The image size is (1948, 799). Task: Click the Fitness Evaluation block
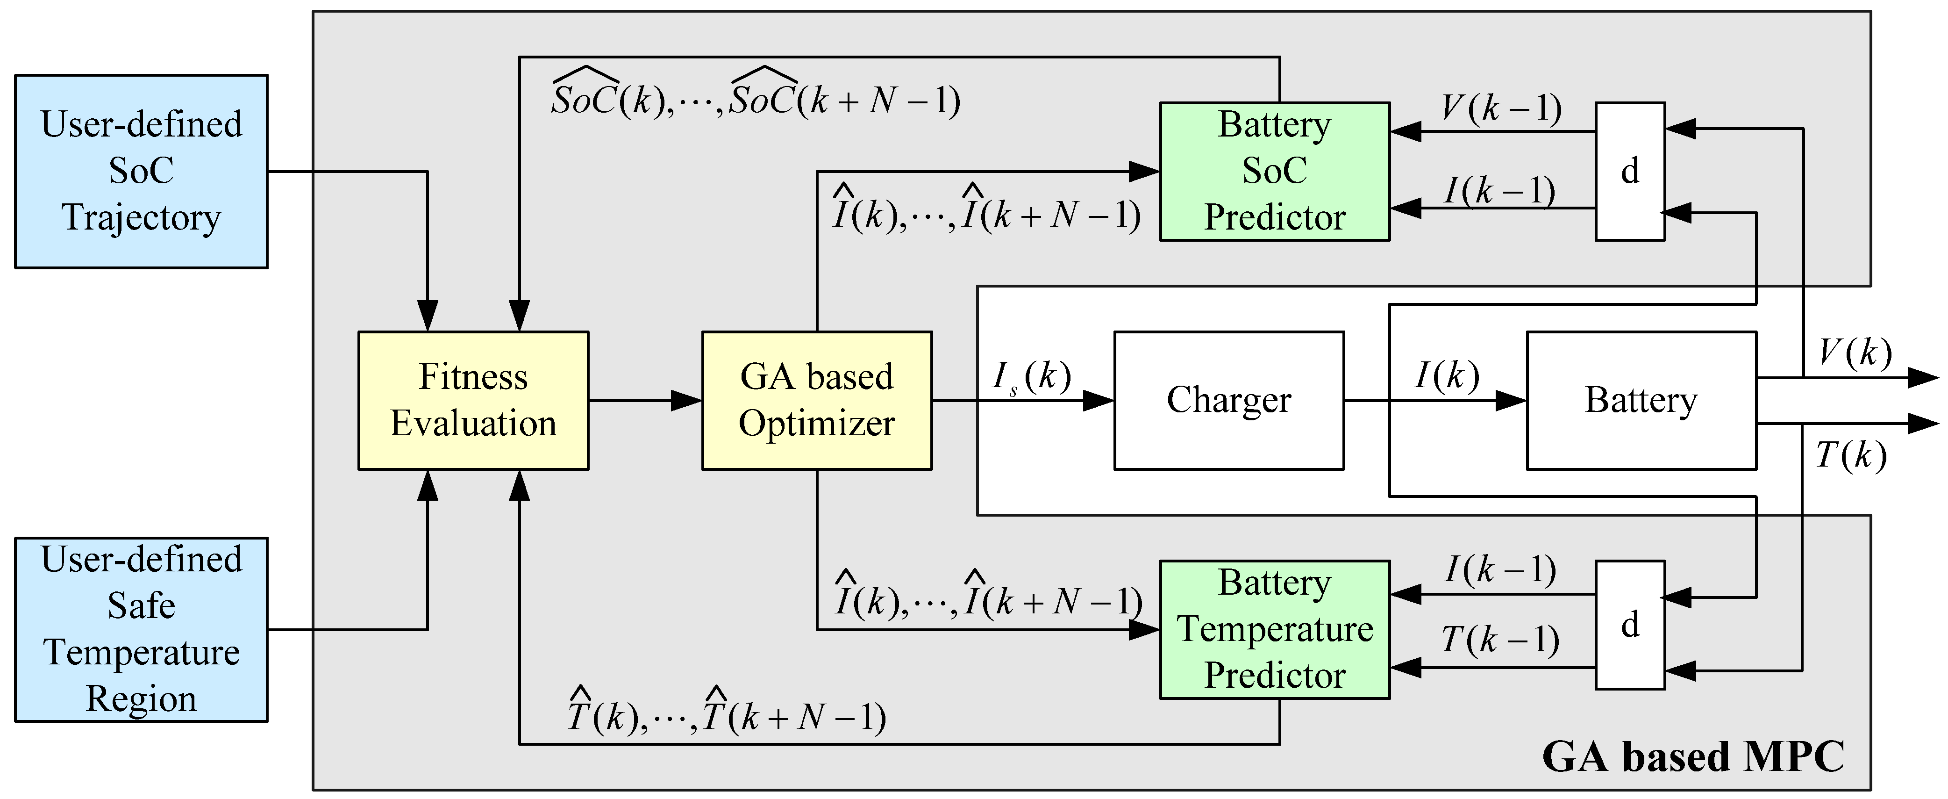click(x=473, y=400)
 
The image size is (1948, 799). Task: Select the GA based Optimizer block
click(x=817, y=400)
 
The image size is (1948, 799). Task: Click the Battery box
click(x=1641, y=400)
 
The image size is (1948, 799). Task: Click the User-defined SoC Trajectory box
click(x=142, y=171)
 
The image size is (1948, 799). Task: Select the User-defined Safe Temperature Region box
click(x=142, y=629)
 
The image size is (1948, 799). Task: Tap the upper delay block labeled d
click(x=1630, y=171)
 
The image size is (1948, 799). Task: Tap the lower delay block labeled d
click(x=1630, y=625)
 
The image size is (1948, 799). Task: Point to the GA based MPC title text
click(x=1692, y=756)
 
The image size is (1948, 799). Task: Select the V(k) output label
click(x=1854, y=353)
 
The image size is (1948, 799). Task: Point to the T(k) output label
click(x=1850, y=455)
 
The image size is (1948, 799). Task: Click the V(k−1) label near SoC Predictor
click(x=1501, y=108)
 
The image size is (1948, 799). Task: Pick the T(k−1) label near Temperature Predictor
click(x=1499, y=640)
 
